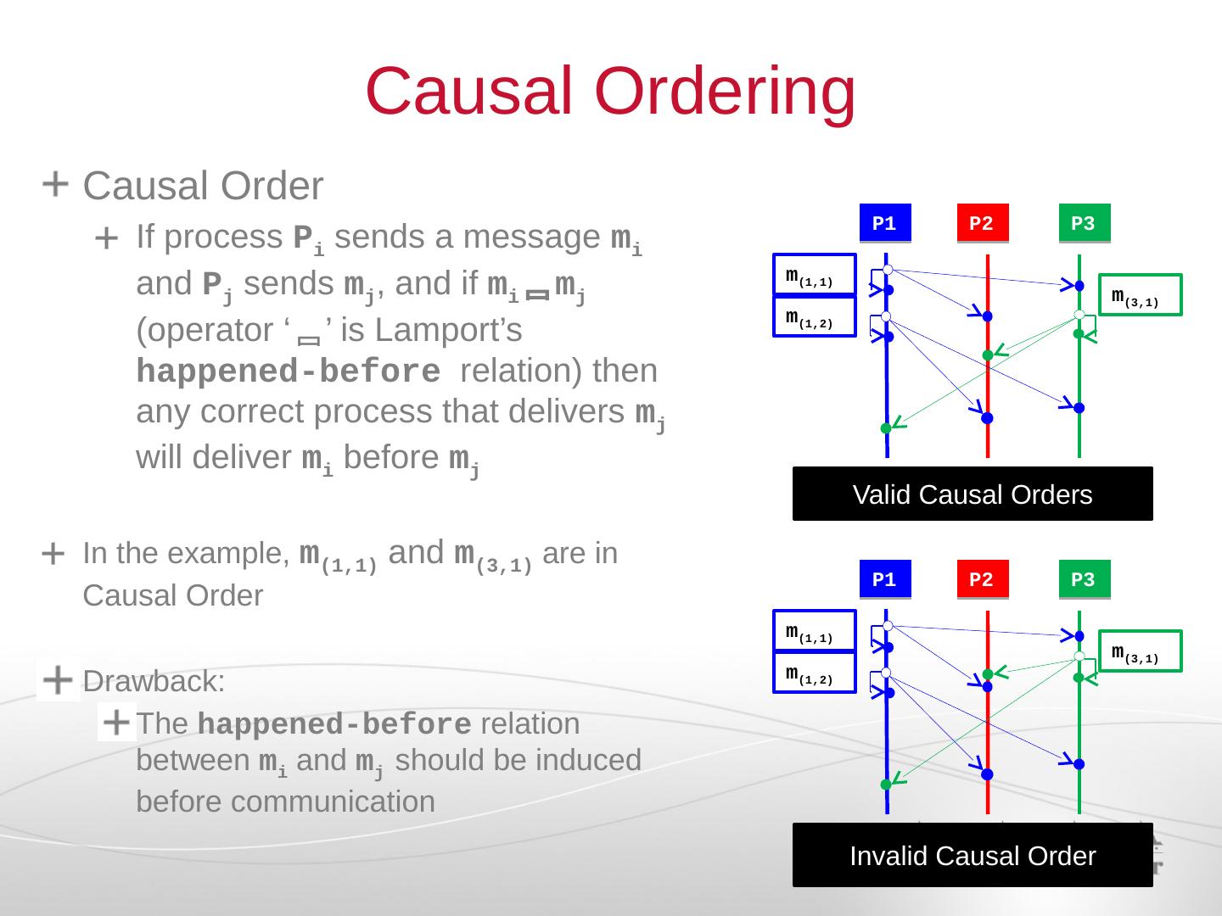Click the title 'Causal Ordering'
[610, 91]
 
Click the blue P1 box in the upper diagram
[884, 224]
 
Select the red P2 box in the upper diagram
[982, 224]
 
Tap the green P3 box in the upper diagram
[1084, 224]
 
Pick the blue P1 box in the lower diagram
[884, 580]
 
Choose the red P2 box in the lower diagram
[982, 580]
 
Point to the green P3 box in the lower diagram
[1084, 580]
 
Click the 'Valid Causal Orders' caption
[973, 494]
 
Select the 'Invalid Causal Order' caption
[973, 856]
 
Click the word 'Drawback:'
[154, 681]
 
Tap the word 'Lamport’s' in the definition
[449, 330]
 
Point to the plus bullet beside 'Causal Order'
[55, 183]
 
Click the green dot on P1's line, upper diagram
[886, 428]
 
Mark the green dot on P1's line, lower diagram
[886, 785]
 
